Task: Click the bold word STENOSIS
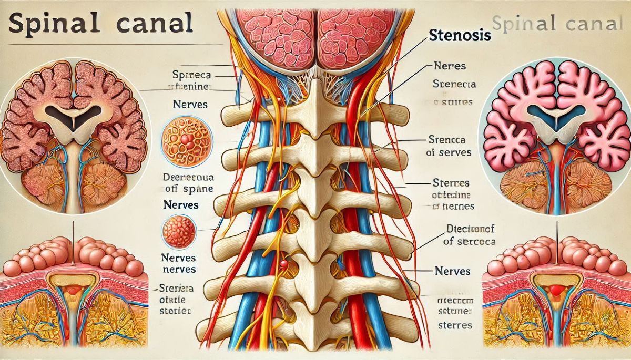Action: [460, 36]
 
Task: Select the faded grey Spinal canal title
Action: [560, 24]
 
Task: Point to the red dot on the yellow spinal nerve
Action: [283, 263]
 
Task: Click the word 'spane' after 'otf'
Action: [197, 189]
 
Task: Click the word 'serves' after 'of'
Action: [455, 153]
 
